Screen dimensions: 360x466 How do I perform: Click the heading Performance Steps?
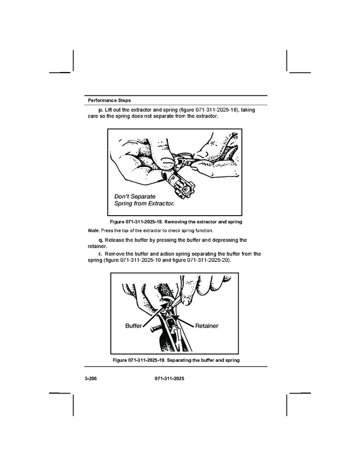click(109, 101)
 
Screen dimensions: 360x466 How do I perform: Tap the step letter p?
click(100, 110)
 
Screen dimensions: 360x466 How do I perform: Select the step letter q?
click(100, 240)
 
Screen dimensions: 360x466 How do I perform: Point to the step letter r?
click(100, 254)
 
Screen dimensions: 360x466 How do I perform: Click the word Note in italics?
click(93, 231)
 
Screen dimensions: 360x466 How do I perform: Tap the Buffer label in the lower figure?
click(133, 326)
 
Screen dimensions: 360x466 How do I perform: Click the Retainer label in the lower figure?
click(207, 326)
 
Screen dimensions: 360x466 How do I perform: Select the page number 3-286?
click(91, 378)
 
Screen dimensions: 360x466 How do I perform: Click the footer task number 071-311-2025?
click(169, 378)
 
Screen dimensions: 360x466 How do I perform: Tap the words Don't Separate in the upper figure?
click(135, 196)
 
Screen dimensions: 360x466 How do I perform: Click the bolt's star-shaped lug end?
click(185, 190)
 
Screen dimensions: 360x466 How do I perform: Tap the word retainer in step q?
click(97, 246)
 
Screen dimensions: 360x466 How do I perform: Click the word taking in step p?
click(248, 110)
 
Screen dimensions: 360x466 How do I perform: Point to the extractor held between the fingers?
click(183, 161)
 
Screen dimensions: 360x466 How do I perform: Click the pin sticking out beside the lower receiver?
click(156, 329)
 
